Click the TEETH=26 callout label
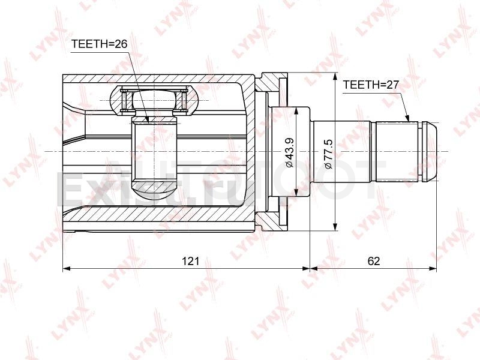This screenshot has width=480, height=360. click(x=99, y=44)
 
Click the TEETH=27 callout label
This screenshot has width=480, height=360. click(x=371, y=85)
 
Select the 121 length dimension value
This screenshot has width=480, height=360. click(x=190, y=261)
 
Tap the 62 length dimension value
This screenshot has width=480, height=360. click(x=374, y=261)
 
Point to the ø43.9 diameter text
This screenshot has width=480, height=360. click(x=290, y=152)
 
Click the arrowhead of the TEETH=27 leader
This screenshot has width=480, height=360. click(x=407, y=118)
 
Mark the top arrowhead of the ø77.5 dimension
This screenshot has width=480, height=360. click(x=336, y=77)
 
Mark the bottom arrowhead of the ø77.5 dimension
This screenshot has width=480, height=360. click(x=336, y=227)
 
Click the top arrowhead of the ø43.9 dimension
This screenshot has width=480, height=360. click(x=296, y=111)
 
